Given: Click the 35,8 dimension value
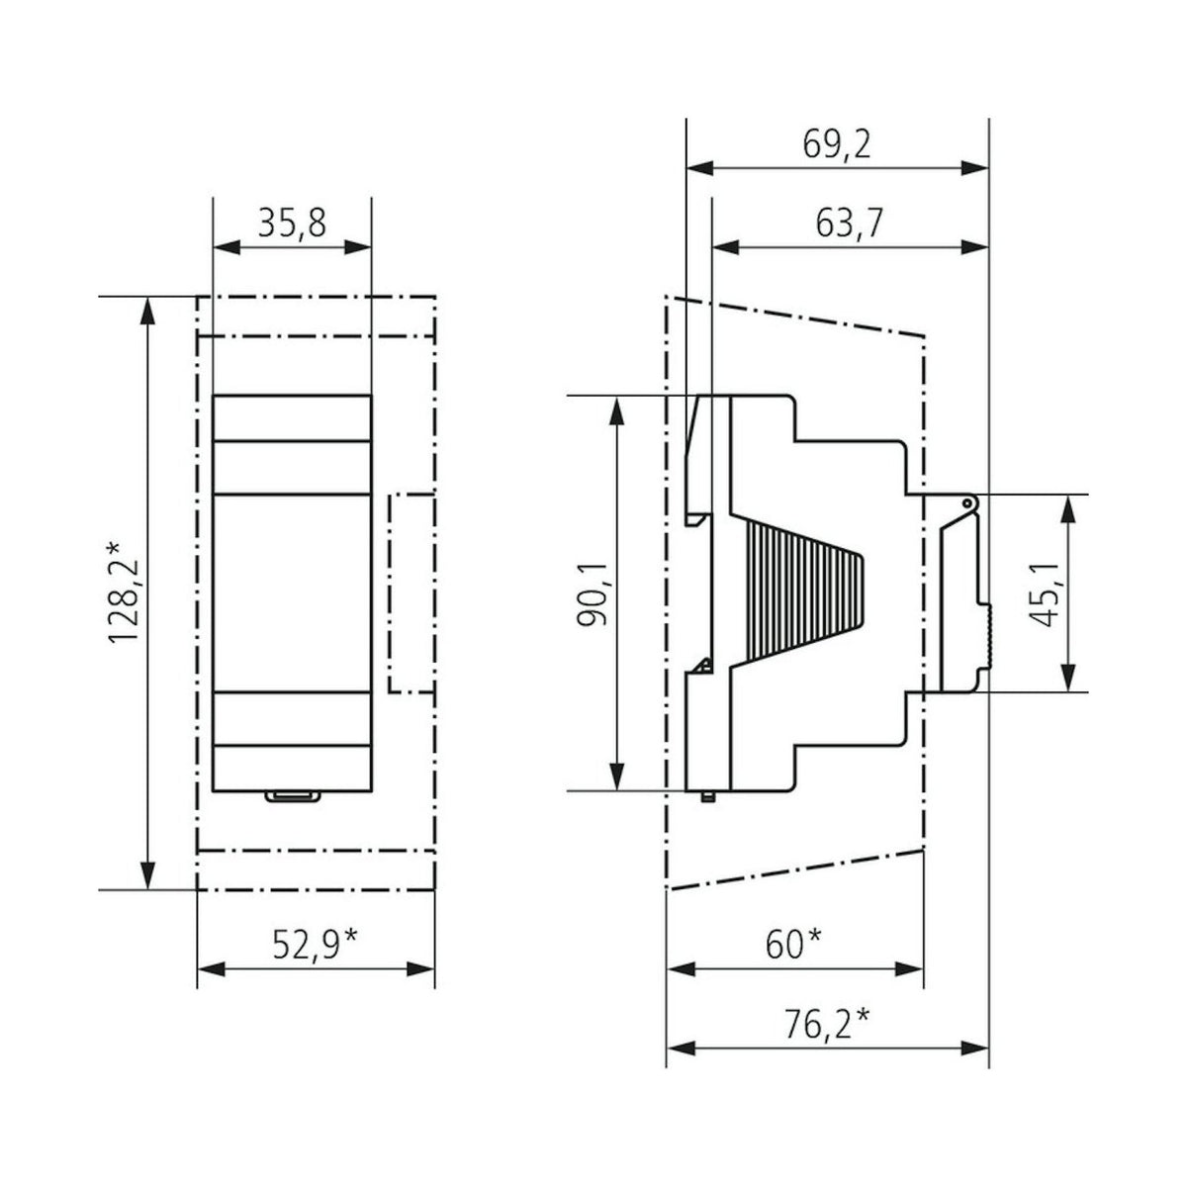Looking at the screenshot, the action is tap(292, 223).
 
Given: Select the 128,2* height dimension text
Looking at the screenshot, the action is tap(123, 593).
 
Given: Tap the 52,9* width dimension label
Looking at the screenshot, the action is tap(315, 945).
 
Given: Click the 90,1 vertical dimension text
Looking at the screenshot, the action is tap(592, 593).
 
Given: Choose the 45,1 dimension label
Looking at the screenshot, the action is tap(1044, 594).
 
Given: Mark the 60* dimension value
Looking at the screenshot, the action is tap(794, 945).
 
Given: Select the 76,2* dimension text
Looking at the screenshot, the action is tap(827, 1025).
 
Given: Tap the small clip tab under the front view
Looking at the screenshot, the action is tap(293, 796).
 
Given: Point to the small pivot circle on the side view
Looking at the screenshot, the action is tap(967, 503).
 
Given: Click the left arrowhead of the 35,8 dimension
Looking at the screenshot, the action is tap(227, 247).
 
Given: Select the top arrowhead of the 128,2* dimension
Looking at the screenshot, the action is tap(146, 311).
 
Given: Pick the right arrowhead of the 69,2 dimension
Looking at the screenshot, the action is tap(974, 167).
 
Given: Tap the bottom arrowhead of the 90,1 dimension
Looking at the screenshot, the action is tap(616, 776).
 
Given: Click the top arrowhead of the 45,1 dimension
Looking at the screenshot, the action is tap(1068, 508).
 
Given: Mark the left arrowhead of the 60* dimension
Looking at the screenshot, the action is tap(680, 969).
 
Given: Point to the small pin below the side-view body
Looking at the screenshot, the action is tap(708, 796).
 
